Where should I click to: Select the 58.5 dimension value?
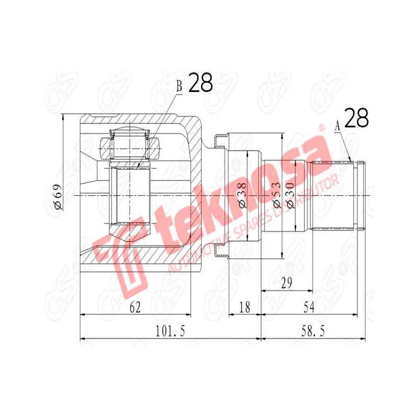pos(312,331)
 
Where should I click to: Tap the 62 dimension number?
pos(135,308)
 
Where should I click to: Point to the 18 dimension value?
pos(245,308)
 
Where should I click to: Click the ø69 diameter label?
pos(57,196)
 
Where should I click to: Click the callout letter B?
pos(179,87)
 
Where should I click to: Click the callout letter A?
pos(337,125)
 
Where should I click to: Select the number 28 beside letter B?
pos(200,83)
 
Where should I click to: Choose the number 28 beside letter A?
pos(356,119)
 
